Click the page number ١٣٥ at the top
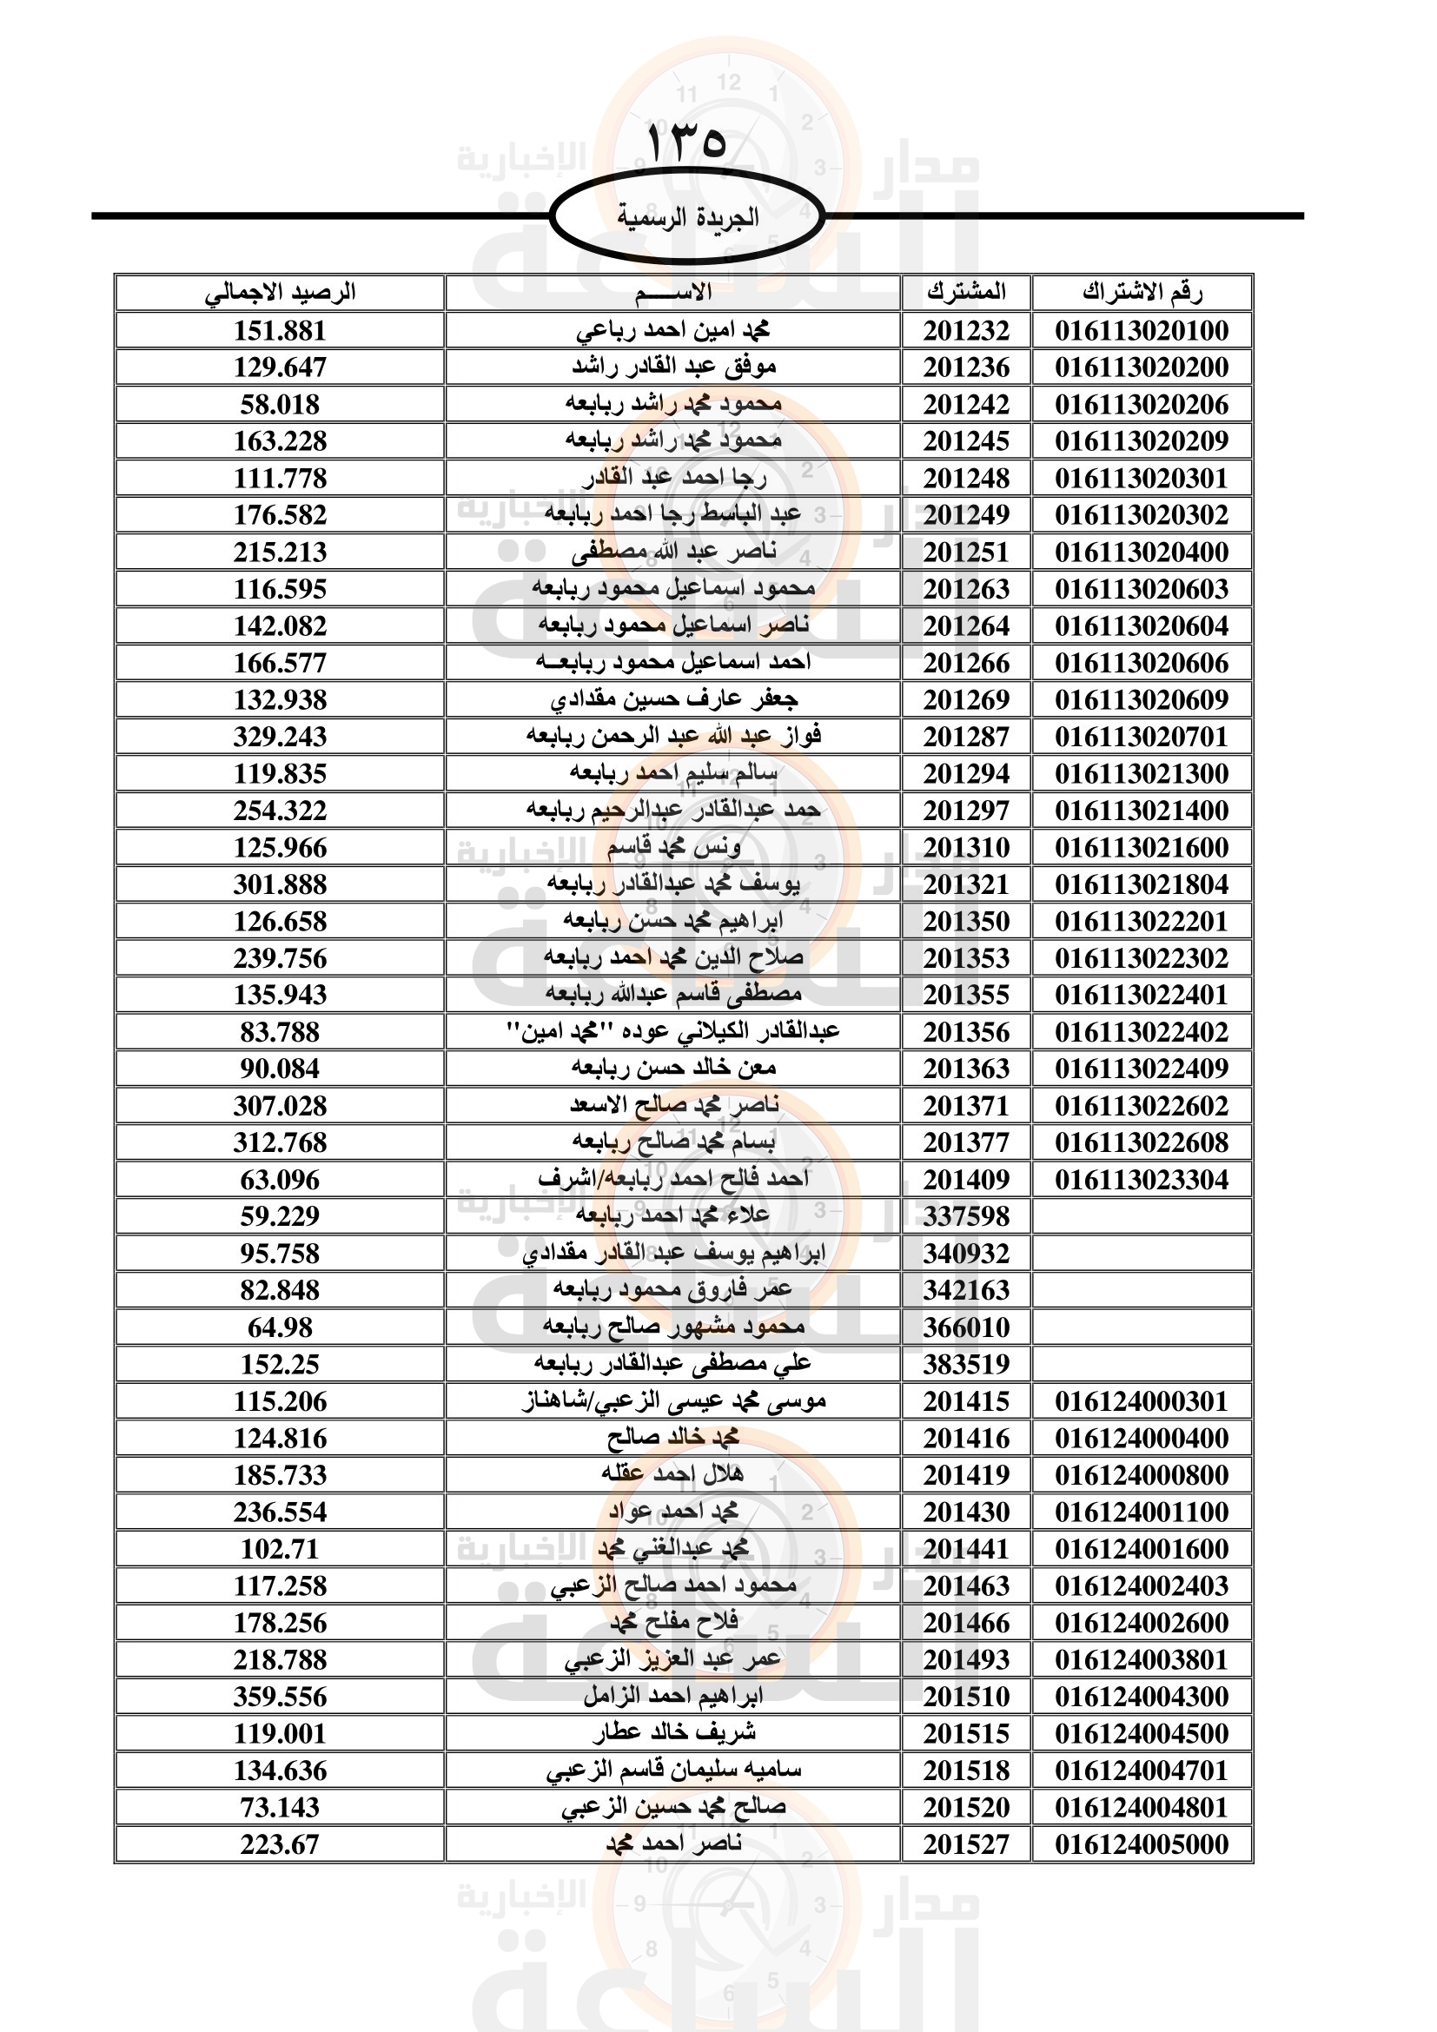click(686, 142)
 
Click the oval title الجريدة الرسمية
click(686, 217)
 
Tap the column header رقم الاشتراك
click(1142, 292)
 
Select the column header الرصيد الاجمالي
click(280, 292)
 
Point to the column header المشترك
click(966, 292)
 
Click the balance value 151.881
click(280, 331)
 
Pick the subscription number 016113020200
click(1142, 367)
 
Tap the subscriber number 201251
click(966, 553)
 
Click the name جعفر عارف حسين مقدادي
click(673, 700)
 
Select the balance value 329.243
click(280, 738)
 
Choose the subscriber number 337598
click(966, 1217)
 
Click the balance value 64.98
click(280, 1327)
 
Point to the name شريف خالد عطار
click(673, 1733)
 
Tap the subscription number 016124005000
click(1142, 1844)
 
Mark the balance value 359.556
click(280, 1697)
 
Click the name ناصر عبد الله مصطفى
click(673, 553)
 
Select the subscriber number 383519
click(966, 1365)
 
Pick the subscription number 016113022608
click(1142, 1142)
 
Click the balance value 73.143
click(280, 1807)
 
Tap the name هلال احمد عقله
click(673, 1475)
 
